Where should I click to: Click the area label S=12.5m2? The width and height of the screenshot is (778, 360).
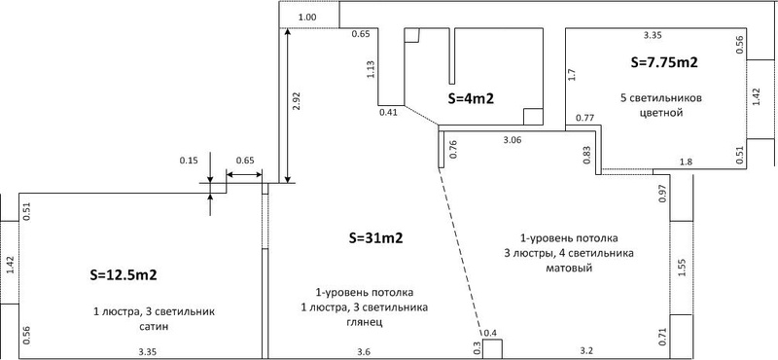pos(124,275)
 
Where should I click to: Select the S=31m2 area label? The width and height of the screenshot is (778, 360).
pos(375,238)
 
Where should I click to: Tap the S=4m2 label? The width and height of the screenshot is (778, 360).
pos(471,98)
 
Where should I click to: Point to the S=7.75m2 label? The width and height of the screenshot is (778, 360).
pos(664,62)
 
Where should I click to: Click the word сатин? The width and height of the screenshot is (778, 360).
pos(154,327)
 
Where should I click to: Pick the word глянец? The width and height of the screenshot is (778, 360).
pos(364,322)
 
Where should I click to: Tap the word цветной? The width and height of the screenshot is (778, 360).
pos(662,113)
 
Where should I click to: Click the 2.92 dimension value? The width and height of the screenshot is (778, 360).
pos(298,101)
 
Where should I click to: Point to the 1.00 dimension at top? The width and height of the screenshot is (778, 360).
pos(307,18)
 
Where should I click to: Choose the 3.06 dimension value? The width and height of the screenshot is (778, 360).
pos(513,141)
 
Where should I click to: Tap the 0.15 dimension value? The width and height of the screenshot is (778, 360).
pos(188,161)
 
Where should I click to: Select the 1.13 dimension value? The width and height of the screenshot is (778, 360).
pos(371,70)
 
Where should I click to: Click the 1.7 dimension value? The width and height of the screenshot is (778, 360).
pos(572,75)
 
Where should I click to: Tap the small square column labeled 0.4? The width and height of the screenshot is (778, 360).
pos(492,348)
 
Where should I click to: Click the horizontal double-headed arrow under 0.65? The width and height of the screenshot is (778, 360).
pos(244,174)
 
